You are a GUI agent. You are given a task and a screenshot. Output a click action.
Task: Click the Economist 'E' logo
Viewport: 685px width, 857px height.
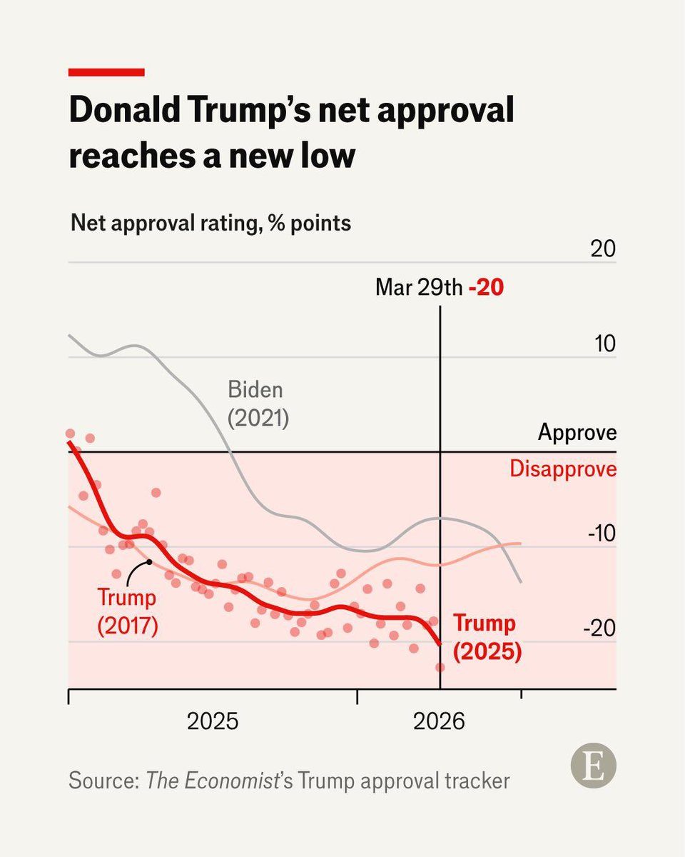tap(593, 769)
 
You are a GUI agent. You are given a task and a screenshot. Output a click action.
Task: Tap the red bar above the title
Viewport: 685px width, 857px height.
tap(106, 72)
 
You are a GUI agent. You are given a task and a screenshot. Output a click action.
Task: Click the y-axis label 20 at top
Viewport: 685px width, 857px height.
tap(601, 249)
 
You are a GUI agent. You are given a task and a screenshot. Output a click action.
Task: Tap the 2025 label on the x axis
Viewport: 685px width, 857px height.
tap(212, 721)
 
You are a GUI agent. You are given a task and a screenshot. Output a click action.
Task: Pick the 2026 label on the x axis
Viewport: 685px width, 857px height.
tap(439, 721)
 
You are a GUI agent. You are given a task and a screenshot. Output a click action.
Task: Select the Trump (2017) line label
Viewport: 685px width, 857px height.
tap(127, 611)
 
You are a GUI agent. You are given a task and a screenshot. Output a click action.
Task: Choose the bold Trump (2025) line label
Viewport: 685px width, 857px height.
tap(487, 637)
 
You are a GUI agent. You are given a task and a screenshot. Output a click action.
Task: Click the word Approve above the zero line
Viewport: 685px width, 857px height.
tap(577, 433)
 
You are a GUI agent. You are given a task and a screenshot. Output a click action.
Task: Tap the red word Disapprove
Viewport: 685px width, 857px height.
tap(563, 469)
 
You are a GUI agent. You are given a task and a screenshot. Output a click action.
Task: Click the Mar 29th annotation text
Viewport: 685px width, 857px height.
tap(419, 289)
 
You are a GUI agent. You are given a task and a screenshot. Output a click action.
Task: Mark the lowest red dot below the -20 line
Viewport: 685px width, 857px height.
tap(440, 667)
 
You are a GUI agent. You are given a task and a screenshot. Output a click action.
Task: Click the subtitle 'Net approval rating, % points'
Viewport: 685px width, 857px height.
tap(211, 223)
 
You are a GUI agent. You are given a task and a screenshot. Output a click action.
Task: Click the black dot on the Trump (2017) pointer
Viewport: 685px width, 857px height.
tap(150, 561)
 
